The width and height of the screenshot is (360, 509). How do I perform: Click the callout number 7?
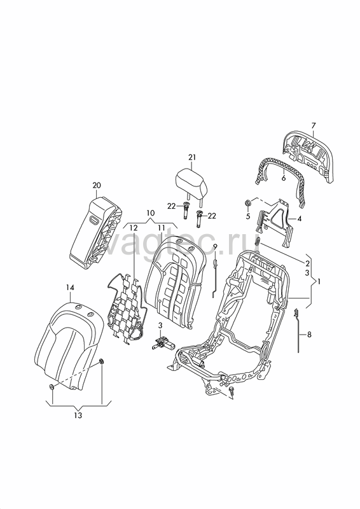coord(313,125)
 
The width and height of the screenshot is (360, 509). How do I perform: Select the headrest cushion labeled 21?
coord(191,181)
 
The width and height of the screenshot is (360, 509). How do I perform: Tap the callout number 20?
coord(97,185)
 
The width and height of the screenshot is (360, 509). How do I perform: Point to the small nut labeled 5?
coord(247,203)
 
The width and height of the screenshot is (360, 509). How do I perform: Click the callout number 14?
coord(70,288)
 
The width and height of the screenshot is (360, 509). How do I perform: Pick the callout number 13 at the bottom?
coord(78,415)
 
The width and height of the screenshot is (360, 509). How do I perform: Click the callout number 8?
coord(309,334)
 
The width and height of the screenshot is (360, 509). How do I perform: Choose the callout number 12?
coord(134,228)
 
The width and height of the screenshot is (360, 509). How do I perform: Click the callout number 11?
coord(162,228)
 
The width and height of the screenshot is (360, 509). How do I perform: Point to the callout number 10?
coord(150,213)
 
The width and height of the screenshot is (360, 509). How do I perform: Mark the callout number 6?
coord(284,178)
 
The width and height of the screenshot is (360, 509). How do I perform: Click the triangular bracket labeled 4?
coord(275,218)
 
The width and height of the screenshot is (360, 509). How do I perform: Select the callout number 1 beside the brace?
coord(319,282)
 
